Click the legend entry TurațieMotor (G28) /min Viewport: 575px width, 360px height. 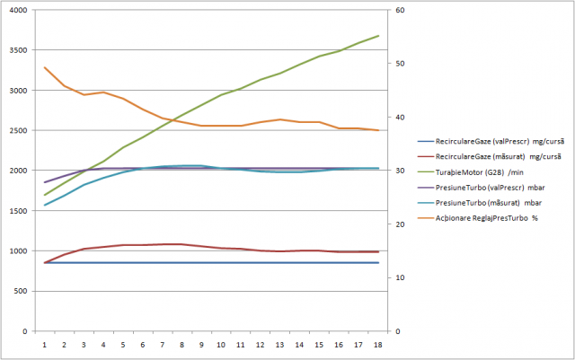[486, 171]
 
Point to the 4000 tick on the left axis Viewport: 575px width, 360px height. [18, 11]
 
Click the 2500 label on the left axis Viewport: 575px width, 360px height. [18, 130]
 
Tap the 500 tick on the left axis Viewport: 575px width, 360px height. [21, 291]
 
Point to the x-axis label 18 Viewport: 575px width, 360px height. [377, 343]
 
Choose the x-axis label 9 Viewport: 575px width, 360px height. [201, 343]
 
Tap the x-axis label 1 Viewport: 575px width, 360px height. [44, 343]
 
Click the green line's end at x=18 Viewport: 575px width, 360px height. [378, 36]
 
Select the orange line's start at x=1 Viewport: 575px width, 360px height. [44, 67]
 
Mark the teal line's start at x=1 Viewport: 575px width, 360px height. [44, 206]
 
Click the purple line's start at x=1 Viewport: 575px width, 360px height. [44, 182]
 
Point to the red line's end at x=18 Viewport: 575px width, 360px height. [378, 251]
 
